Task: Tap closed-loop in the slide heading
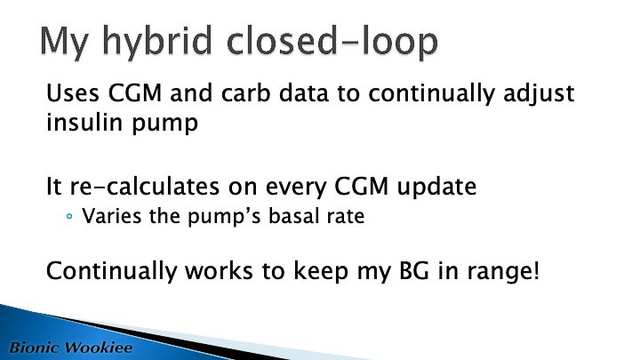(x=332, y=40)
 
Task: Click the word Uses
(x=73, y=93)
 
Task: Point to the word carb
(x=245, y=93)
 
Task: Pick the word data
(x=304, y=93)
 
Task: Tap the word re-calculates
(x=145, y=187)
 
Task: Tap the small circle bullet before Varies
(x=69, y=216)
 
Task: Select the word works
(x=219, y=270)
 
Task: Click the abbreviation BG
(x=414, y=271)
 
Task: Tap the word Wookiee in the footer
(x=100, y=348)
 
